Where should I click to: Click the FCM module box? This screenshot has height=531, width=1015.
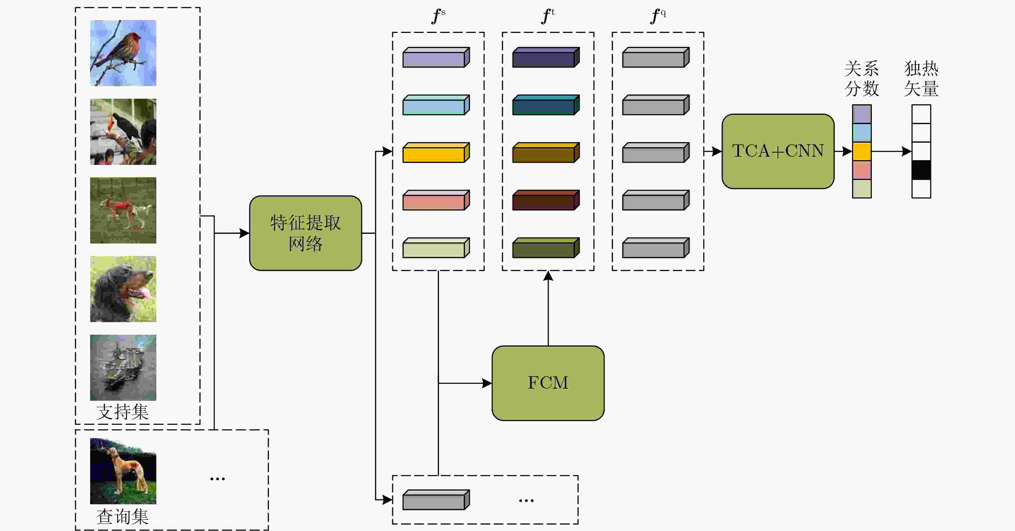[548, 383]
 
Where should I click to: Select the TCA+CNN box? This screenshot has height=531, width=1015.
[778, 152]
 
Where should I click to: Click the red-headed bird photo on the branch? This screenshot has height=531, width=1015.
[123, 53]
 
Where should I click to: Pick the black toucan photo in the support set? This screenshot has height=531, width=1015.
[123, 132]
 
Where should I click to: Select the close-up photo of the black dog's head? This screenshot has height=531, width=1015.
[123, 289]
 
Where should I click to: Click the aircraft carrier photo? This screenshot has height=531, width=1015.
[123, 368]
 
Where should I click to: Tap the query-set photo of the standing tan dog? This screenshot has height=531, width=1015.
[123, 471]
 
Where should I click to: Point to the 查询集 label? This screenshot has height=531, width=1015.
[122, 517]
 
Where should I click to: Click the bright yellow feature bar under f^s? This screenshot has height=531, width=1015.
[436, 152]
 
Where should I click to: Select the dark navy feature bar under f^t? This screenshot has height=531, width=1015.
[546, 57]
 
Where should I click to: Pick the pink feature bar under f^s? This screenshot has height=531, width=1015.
[436, 200]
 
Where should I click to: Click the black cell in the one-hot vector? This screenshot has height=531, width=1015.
[921, 170]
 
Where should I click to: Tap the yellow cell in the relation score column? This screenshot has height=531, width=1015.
[862, 152]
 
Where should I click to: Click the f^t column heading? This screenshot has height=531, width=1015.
[548, 16]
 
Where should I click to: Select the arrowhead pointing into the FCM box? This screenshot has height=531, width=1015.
[487, 383]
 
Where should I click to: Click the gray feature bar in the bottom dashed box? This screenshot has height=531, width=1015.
[436, 500]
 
